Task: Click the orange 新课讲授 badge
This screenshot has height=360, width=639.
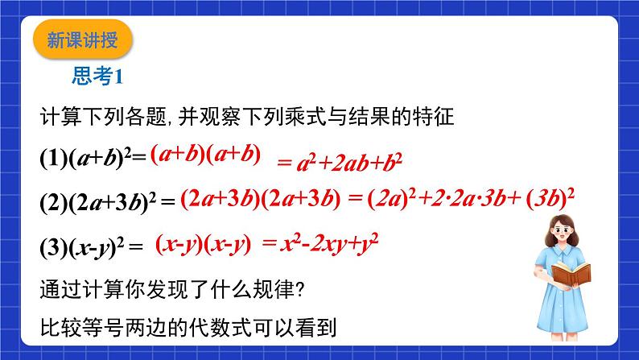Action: tap(83, 39)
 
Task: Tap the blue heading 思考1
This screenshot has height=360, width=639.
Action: tap(97, 76)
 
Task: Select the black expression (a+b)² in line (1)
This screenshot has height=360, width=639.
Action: tap(101, 158)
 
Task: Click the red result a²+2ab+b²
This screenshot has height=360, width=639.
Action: tap(350, 163)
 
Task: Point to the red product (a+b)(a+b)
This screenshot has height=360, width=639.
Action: tap(205, 155)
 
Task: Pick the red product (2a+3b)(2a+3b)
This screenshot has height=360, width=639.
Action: tap(261, 200)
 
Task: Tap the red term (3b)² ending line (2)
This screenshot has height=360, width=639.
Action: tap(550, 200)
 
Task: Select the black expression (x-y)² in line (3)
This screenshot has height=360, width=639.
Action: tap(97, 247)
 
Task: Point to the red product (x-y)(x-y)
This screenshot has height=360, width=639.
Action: tap(204, 246)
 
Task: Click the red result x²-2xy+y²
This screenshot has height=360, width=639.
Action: tap(329, 244)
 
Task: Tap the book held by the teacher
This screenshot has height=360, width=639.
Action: tap(571, 274)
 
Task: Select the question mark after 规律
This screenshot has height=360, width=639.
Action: tap(299, 290)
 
